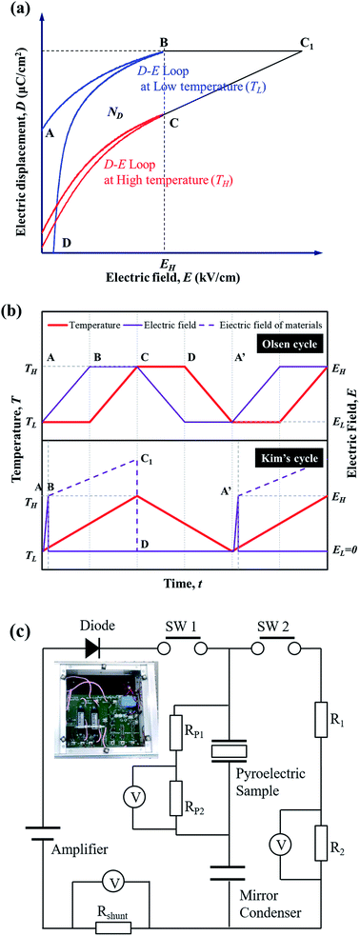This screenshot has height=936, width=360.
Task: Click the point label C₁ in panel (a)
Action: pos(309,41)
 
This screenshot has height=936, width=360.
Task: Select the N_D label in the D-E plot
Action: pos(116,113)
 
